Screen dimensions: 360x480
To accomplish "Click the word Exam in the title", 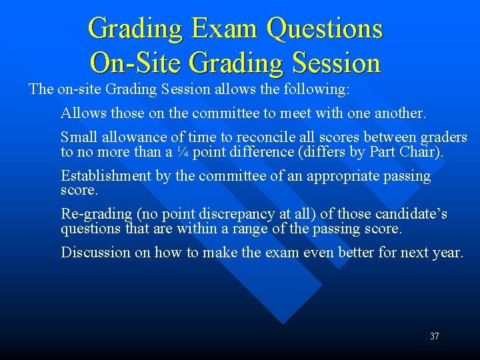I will pyautogui.click(x=225, y=29).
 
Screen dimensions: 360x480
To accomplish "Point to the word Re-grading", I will pyautogui.click(x=95, y=214).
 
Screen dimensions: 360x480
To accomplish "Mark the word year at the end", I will pyautogui.click(x=446, y=252).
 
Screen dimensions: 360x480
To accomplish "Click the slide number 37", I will pyautogui.click(x=434, y=336).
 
